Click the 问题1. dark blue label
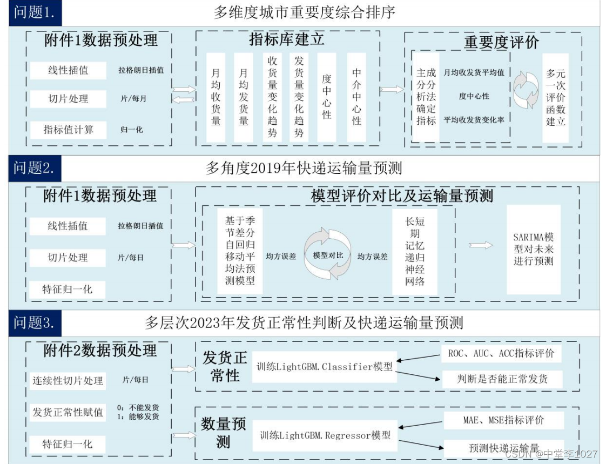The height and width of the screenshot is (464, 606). coord(34,12)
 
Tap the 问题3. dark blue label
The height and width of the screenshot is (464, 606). coord(34,323)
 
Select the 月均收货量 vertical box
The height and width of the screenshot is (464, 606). coord(216,97)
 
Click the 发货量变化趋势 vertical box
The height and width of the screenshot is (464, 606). coord(299,97)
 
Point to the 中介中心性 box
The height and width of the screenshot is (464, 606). coord(356,97)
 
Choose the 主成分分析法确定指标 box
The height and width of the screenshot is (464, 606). coord(426,97)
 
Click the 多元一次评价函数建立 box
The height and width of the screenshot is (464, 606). coord(555,97)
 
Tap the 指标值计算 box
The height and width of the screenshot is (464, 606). coord(68,130)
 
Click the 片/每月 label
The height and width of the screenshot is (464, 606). coord(133,99)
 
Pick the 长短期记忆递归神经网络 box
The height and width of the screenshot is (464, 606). coord(415,251)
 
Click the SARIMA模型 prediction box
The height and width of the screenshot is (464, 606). coord(534,249)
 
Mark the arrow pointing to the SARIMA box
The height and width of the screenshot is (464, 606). coord(481,245)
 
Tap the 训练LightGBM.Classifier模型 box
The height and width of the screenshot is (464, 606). coord(324,367)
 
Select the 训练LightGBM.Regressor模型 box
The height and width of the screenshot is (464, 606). coord(325,435)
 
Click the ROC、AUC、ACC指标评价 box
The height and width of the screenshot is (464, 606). coord(501,354)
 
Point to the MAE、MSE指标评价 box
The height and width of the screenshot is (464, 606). coord(503,420)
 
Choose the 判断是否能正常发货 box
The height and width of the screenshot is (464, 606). coord(502,379)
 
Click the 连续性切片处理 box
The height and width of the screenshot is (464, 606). coord(68,380)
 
